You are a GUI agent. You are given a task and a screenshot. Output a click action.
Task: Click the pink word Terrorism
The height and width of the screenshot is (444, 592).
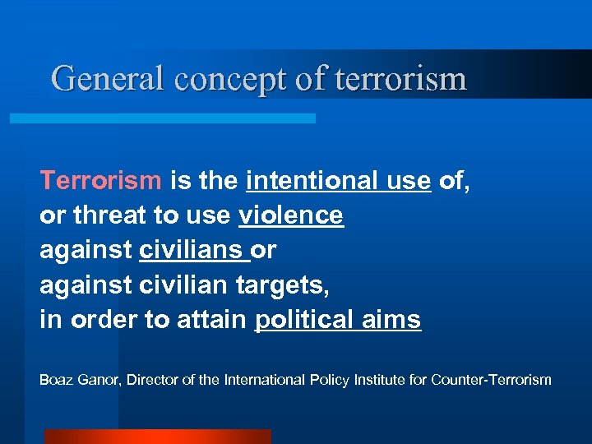pos(101,179)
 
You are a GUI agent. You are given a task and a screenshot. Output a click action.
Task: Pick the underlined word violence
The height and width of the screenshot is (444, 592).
pos(291,215)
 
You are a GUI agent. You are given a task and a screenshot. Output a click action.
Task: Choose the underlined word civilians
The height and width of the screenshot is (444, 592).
pos(192,250)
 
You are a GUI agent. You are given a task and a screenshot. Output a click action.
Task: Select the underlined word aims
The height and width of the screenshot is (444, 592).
pos(398,320)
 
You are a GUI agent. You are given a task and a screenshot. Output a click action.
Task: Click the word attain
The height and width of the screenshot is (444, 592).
pos(210,320)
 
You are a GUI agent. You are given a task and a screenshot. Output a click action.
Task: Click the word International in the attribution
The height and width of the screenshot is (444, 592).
pos(262,380)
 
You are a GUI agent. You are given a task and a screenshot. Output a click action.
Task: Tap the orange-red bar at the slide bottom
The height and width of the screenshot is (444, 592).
pos(157,437)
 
